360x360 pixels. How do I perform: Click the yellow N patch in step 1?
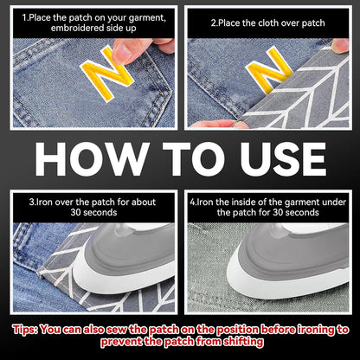click(107, 74)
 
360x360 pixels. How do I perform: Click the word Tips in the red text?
click(24, 330)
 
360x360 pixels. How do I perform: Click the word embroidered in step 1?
click(77, 29)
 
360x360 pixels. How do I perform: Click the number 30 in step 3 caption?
click(75, 213)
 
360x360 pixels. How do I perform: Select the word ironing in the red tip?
click(317, 330)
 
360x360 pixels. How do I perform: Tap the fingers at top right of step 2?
click(340, 46)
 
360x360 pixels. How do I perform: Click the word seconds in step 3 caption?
click(100, 213)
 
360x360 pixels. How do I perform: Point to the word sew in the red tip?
click(117, 330)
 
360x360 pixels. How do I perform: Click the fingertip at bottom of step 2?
click(219, 124)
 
